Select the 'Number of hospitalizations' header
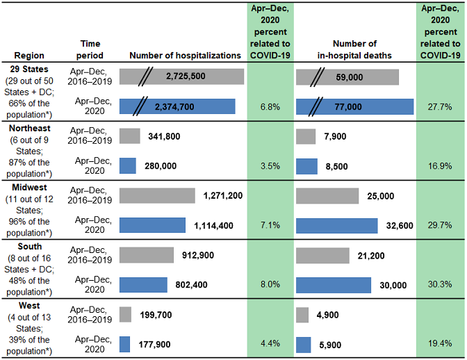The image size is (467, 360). (x=185, y=56)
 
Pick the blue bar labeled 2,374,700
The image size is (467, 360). (x=177, y=106)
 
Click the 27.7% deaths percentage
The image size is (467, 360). (x=438, y=106)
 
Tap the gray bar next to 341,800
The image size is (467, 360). (x=129, y=137)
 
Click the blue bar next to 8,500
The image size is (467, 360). (x=306, y=167)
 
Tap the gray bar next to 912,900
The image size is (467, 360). (x=147, y=255)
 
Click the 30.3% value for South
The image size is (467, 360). (x=438, y=285)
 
